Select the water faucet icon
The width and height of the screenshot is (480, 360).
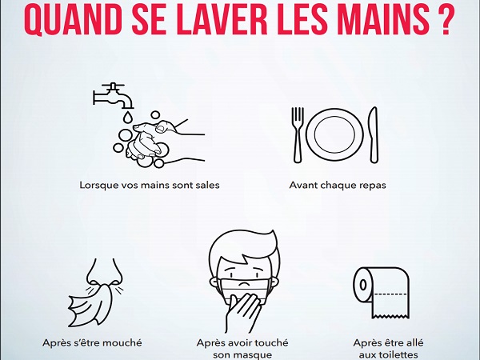[x=114, y=95]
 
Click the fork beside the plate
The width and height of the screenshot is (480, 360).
[x=298, y=134]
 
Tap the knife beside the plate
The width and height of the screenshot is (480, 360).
[x=374, y=134]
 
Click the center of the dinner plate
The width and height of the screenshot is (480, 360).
[x=334, y=134]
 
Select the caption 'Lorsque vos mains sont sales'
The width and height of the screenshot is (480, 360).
[x=150, y=186]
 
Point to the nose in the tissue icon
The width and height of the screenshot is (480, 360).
[x=104, y=272]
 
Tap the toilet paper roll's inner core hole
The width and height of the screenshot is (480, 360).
[x=363, y=285]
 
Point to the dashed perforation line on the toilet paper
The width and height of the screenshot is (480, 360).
[x=390, y=294]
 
